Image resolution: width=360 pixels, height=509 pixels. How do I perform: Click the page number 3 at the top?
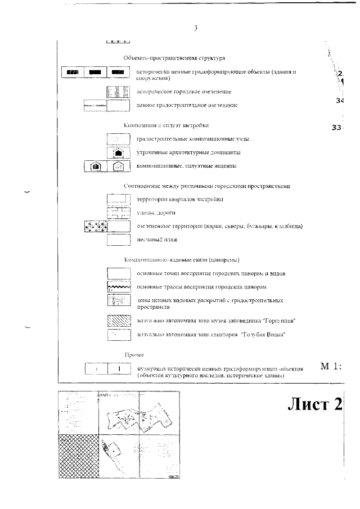click(195, 28)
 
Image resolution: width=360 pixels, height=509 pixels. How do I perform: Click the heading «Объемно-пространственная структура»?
click(174, 58)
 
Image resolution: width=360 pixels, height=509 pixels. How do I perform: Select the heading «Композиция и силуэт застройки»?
click(169, 125)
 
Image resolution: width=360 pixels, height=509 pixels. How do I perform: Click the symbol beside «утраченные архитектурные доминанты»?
click(119, 152)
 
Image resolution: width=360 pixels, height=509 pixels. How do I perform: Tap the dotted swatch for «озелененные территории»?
click(96, 226)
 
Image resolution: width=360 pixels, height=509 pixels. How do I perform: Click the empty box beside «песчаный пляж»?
click(119, 240)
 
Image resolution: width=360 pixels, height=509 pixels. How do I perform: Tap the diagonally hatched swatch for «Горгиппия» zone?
click(119, 321)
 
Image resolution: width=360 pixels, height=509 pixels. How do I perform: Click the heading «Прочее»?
click(134, 355)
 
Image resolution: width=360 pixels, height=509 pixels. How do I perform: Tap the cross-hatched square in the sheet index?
click(78, 456)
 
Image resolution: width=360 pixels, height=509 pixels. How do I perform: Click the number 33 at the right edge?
click(337, 128)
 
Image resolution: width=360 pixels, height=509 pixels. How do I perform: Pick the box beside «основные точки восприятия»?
click(119, 273)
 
